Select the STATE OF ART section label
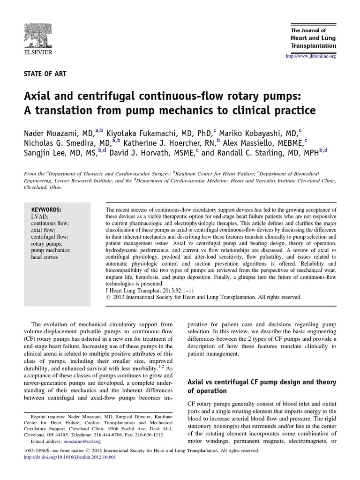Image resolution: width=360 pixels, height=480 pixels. coord(45,73)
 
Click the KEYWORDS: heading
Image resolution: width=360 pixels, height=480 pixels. coord(46,209)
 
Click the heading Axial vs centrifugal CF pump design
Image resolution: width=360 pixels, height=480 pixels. coord(256,382)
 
